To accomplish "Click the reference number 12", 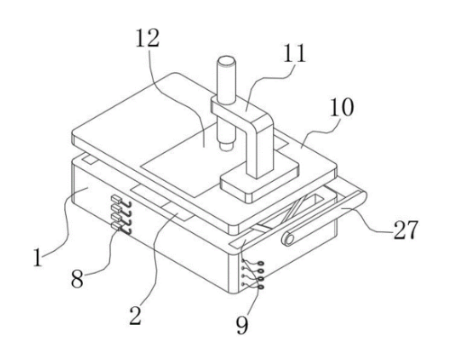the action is click(x=148, y=38).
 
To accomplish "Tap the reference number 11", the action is click(x=295, y=53).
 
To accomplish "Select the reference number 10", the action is click(x=341, y=107).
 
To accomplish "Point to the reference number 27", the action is click(x=405, y=229).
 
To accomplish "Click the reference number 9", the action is click(x=242, y=325).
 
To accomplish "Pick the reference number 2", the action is click(x=135, y=316).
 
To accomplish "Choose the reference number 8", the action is click(x=77, y=279).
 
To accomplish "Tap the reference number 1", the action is click(x=38, y=257).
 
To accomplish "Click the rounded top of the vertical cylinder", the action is click(x=226, y=62).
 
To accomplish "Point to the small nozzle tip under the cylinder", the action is click(x=226, y=146).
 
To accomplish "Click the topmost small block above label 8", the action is click(x=116, y=199).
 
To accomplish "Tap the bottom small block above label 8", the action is click(x=116, y=225).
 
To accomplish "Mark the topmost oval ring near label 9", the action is click(x=261, y=264).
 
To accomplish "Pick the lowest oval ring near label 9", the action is click(x=261, y=287).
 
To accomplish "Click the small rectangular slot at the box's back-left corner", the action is click(x=90, y=159).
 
